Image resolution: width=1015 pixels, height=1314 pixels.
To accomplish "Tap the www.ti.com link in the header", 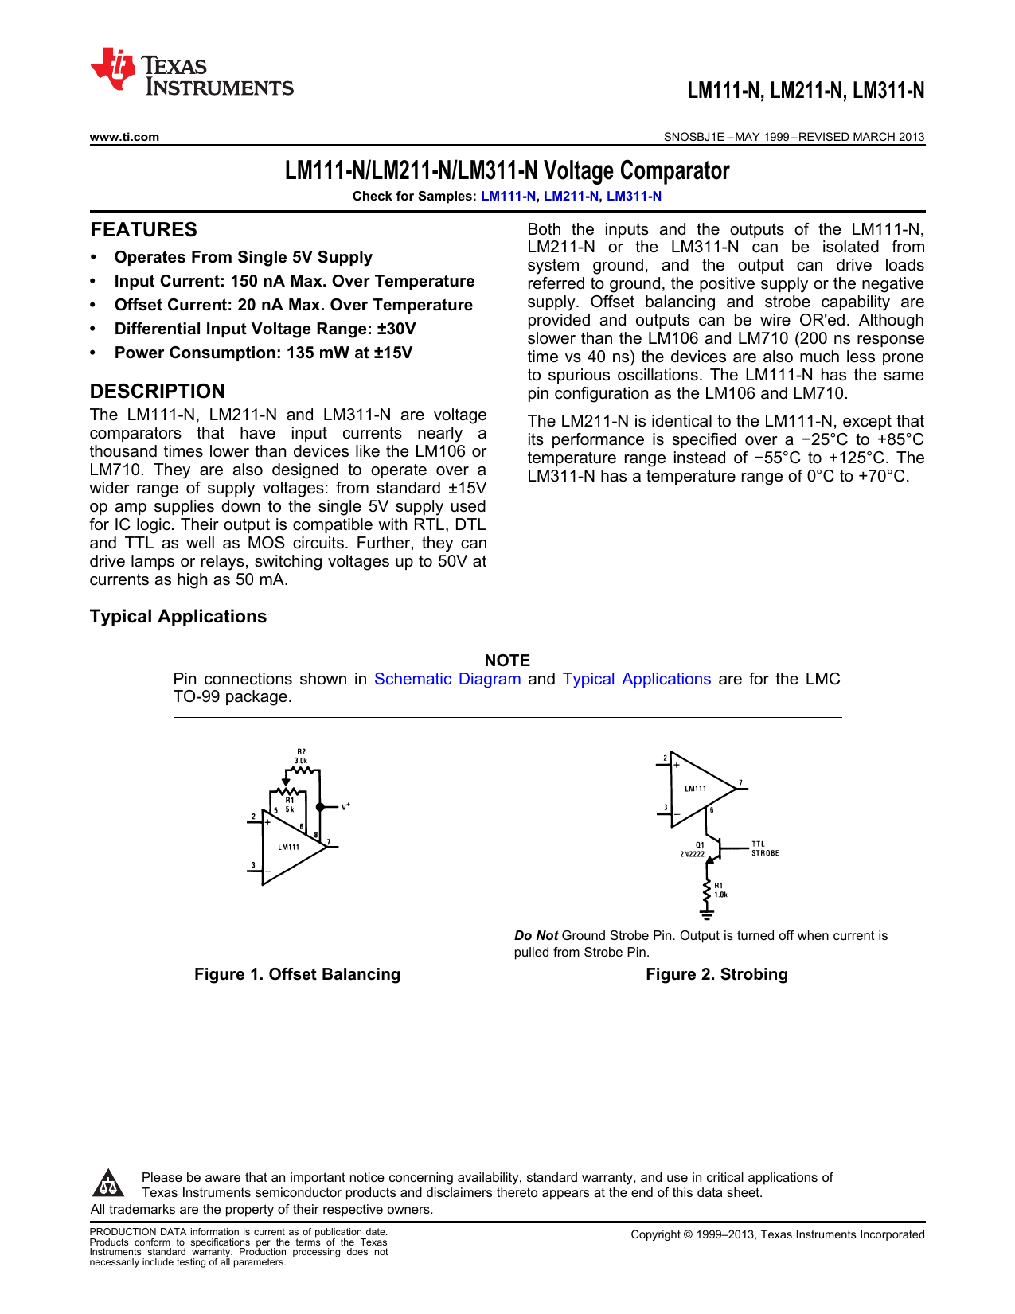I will tap(124, 137).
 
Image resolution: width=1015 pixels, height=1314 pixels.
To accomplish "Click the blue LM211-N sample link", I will tap(571, 196).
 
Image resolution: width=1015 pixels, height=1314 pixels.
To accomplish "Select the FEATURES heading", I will tap(143, 230).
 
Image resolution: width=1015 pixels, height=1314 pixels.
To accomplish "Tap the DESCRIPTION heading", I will tap(158, 392).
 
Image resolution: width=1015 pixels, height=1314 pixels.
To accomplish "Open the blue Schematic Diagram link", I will tap(447, 679).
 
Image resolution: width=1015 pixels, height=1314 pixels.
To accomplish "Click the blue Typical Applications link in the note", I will tap(636, 679).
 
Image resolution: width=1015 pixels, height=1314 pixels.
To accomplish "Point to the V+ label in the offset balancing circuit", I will tap(345, 806).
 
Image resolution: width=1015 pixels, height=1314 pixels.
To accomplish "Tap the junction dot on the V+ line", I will tap(320, 807).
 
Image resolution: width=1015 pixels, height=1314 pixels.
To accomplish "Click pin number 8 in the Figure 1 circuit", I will tap(316, 835).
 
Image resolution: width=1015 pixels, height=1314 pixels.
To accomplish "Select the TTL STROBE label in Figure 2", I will tap(764, 848).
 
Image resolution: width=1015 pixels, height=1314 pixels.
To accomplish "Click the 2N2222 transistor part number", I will tap(692, 854).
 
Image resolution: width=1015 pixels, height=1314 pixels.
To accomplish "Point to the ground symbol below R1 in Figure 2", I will tap(706, 914).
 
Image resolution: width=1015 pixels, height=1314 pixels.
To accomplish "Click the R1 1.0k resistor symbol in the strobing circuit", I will tap(706, 891).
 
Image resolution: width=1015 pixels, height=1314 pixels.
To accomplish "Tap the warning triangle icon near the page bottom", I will tap(107, 1183).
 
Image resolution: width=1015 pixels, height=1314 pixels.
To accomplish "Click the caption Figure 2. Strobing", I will tap(716, 974).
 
